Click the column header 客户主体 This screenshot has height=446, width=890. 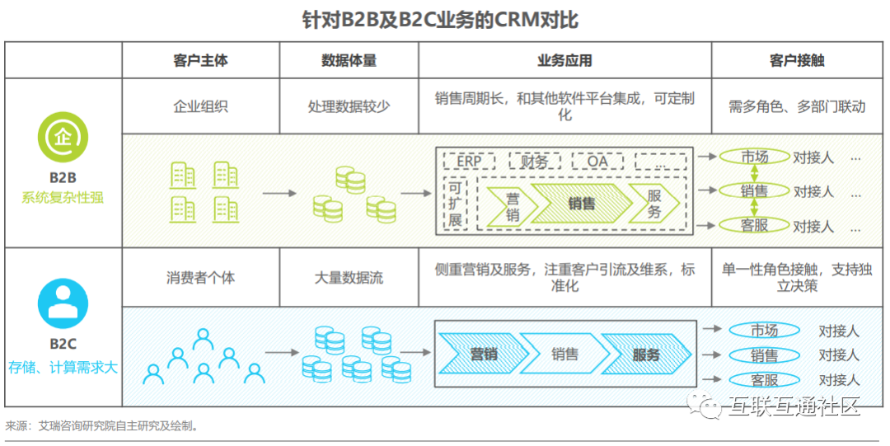coord(200,61)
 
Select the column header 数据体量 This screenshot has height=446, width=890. coord(349,61)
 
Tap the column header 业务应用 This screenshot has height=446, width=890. coord(564,61)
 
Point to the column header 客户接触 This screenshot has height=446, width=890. coord(796,61)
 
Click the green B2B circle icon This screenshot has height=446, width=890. coord(63,138)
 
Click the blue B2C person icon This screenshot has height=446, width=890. coord(63,303)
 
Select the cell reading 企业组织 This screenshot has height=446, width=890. coord(200,106)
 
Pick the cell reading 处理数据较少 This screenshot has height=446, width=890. coord(349,106)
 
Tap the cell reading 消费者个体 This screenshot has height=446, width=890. coord(200,277)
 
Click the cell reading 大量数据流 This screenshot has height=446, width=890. coord(349,277)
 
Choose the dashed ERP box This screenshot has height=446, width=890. coord(469,162)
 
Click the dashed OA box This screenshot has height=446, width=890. coord(597,162)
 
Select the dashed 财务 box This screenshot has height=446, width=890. coord(534,162)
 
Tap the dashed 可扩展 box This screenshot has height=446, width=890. coord(455,204)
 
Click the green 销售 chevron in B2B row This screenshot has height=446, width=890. coord(582,204)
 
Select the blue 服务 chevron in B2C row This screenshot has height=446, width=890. coord(646,354)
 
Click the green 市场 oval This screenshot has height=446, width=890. coord(754,157)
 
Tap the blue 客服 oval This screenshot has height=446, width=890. coord(764,379)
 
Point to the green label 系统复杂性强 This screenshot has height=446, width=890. coord(63,198)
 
